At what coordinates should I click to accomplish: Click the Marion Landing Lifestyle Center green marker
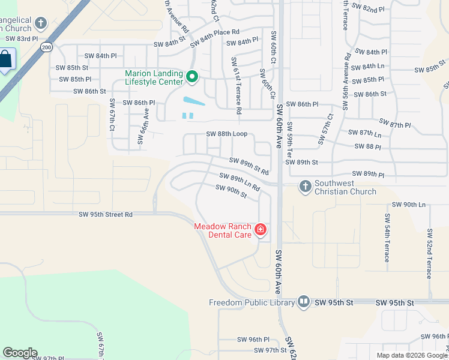(193, 76)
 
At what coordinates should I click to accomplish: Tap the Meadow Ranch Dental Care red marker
(261, 229)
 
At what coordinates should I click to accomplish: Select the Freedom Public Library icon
(304, 302)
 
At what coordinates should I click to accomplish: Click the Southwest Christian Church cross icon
(305, 187)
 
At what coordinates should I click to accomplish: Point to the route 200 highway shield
(46, 47)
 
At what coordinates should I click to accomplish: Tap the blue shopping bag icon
(5, 60)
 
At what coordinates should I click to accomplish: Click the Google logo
(20, 353)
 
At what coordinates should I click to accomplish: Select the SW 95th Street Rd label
(106, 214)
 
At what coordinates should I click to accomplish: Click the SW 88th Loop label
(227, 134)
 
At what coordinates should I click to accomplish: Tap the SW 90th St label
(231, 191)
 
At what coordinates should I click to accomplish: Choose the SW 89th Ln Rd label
(239, 182)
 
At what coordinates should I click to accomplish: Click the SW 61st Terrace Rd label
(235, 86)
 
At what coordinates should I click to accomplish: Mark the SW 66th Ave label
(143, 127)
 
